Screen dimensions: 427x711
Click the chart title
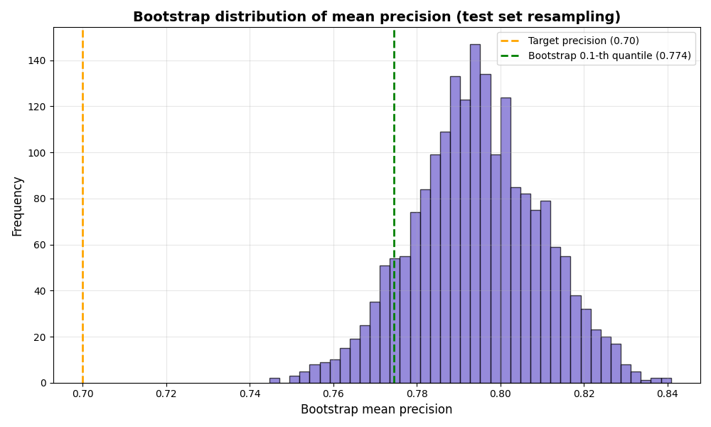click(x=376, y=17)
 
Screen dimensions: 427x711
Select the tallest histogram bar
click(x=475, y=213)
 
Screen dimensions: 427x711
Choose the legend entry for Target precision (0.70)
click(x=583, y=41)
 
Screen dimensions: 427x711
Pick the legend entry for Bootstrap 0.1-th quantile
click(x=609, y=56)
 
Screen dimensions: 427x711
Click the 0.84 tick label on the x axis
click(x=667, y=393)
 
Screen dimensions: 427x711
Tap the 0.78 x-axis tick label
click(x=417, y=393)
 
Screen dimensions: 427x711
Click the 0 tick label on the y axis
click(x=43, y=383)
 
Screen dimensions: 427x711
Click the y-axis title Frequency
click(x=18, y=206)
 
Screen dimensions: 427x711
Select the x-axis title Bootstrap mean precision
click(x=376, y=410)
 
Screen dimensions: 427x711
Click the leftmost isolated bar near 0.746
click(x=274, y=381)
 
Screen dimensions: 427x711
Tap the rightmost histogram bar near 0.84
click(x=666, y=381)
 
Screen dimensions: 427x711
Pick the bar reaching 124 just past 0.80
click(x=506, y=242)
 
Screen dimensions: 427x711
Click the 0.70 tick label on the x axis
click(x=82, y=393)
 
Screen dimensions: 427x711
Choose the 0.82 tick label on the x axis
click(x=584, y=393)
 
